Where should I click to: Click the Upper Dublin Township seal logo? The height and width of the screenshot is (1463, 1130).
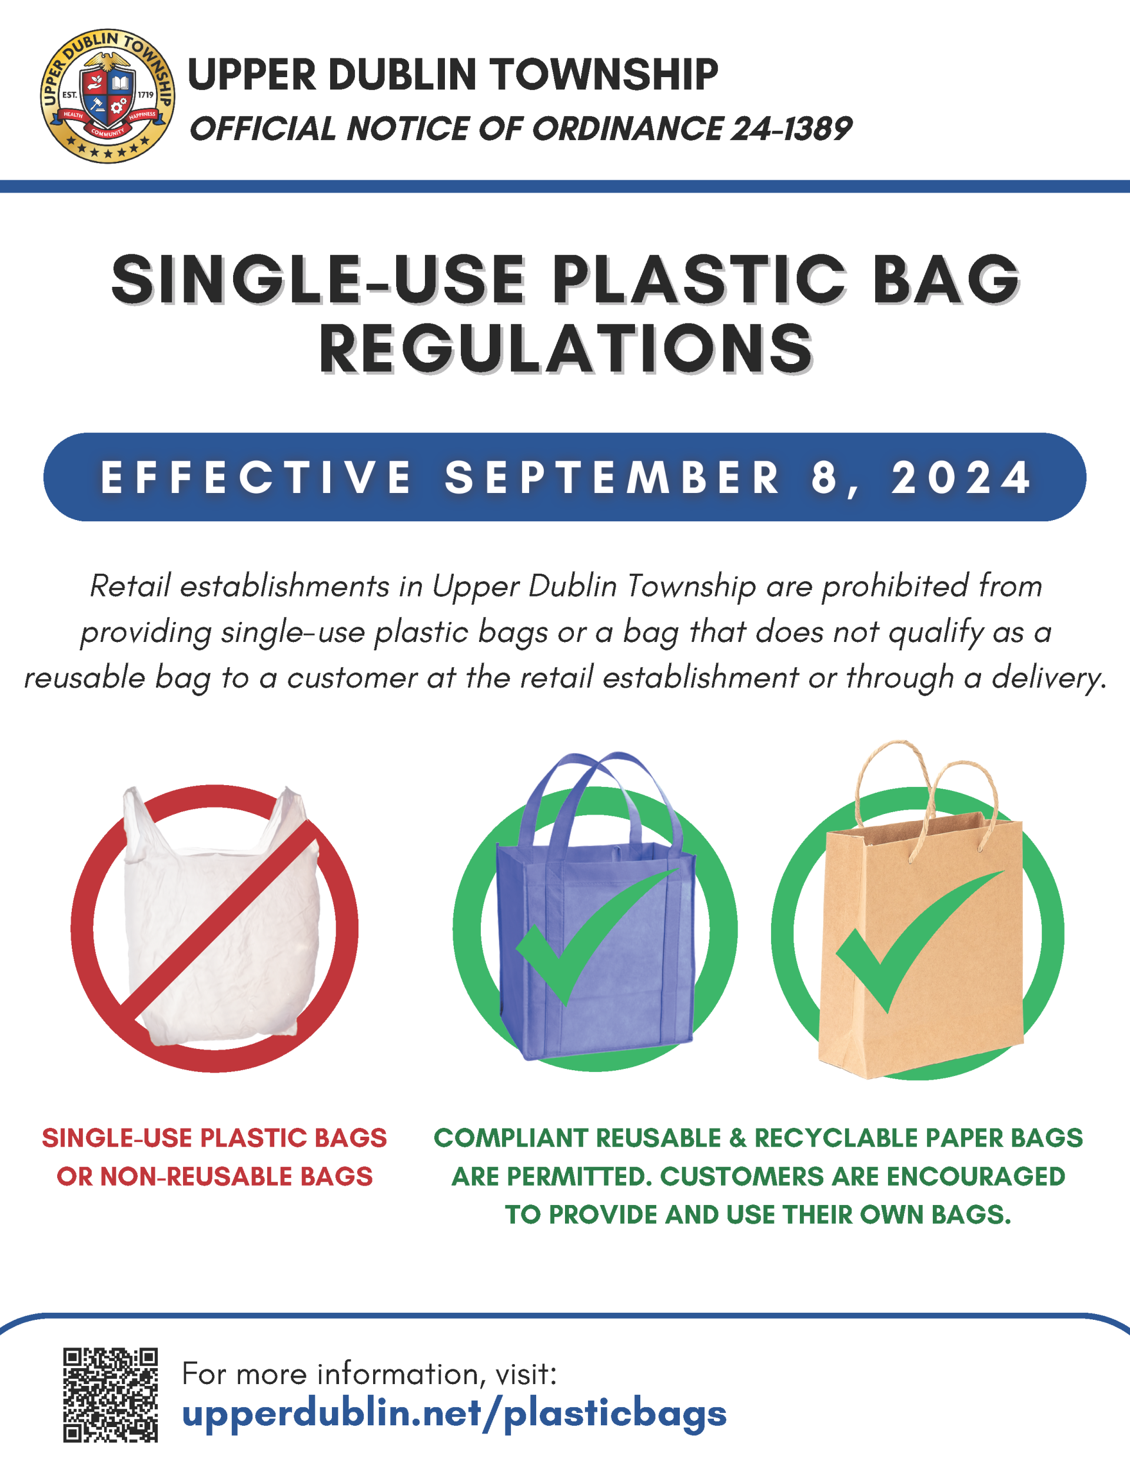tap(107, 97)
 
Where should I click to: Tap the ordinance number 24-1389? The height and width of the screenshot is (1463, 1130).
tap(790, 128)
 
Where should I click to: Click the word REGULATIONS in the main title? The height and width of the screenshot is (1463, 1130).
tap(566, 350)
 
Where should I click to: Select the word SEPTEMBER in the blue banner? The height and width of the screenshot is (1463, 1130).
tap(613, 478)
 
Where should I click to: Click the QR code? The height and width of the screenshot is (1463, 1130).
tap(111, 1394)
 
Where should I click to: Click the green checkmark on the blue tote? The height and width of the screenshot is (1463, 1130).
tap(589, 938)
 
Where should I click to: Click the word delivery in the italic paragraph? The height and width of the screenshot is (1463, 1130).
tap(1048, 677)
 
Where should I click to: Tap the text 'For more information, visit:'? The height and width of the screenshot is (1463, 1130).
tap(370, 1374)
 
